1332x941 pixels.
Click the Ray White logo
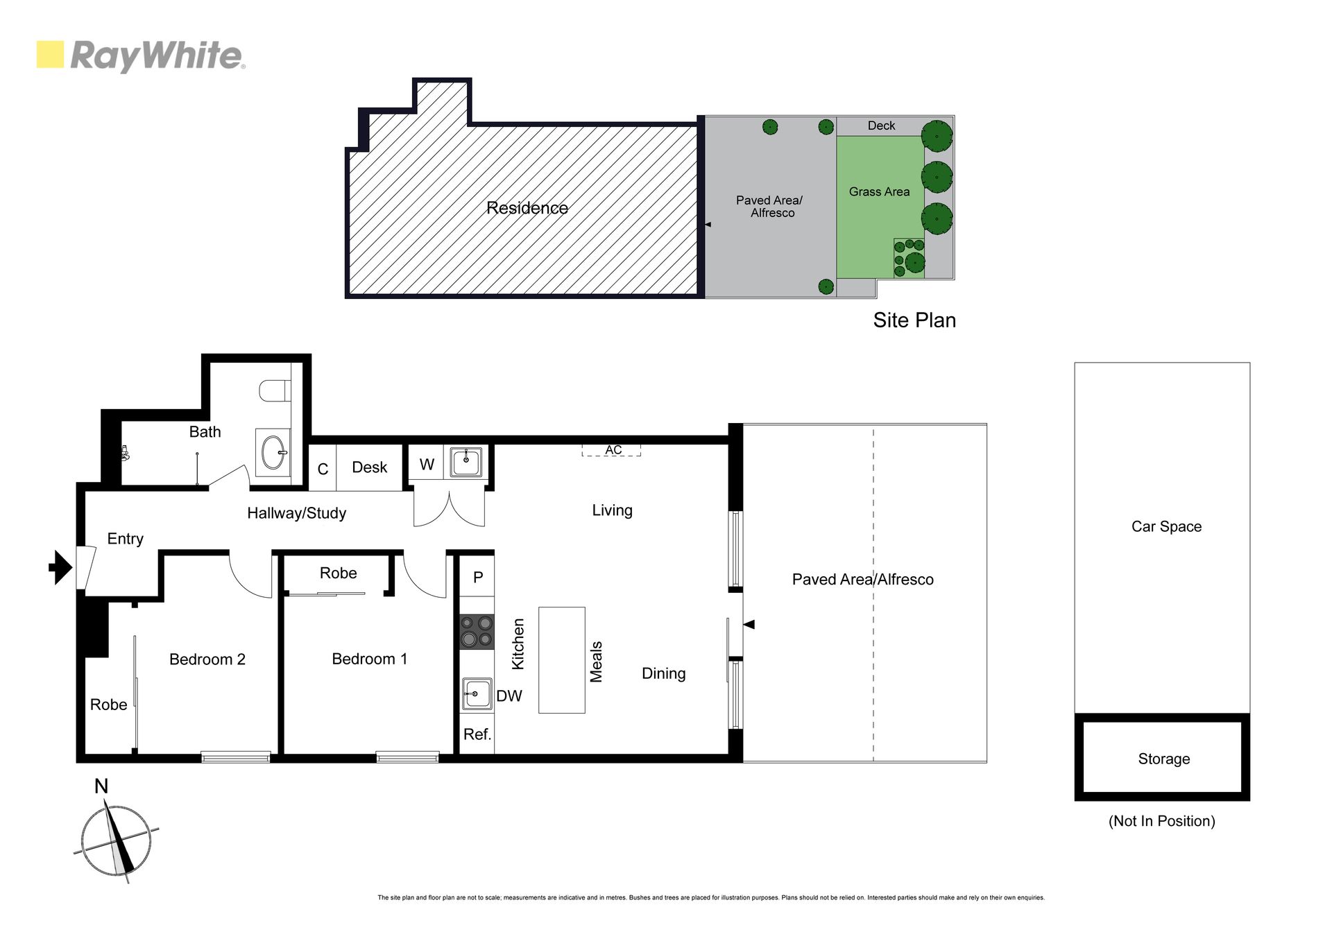(x=141, y=55)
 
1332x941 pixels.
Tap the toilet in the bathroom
(x=275, y=391)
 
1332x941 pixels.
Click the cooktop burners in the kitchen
(x=477, y=632)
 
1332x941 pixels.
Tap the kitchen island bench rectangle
(x=562, y=660)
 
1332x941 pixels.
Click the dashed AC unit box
(x=611, y=450)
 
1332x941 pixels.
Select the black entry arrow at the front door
(x=61, y=567)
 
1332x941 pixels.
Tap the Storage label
(x=1164, y=759)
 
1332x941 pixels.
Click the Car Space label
(x=1166, y=526)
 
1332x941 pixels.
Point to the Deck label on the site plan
(x=881, y=126)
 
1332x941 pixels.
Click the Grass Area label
(x=879, y=191)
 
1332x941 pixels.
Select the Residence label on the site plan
(x=527, y=207)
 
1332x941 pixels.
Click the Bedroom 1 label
(x=370, y=659)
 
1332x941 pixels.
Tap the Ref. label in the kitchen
(x=477, y=734)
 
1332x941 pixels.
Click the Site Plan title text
(x=914, y=320)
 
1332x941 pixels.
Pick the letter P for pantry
(x=478, y=577)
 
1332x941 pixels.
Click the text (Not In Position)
(x=1162, y=821)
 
